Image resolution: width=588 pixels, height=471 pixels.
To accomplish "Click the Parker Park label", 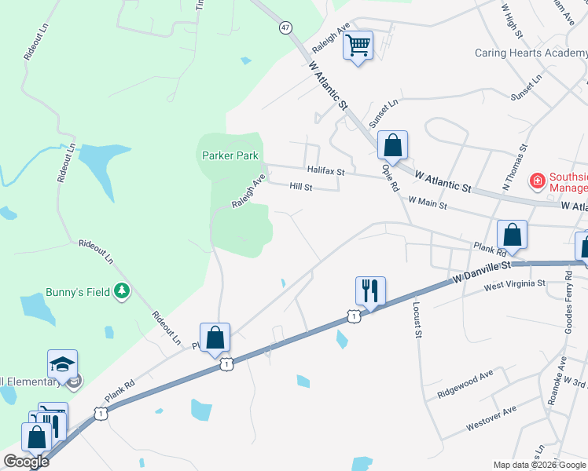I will coord(230,155).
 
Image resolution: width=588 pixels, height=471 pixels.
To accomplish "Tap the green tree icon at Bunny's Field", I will coord(121,292).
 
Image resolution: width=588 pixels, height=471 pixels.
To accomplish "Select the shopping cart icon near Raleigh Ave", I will coord(358,46).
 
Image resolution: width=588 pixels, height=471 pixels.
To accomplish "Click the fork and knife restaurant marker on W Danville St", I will coord(370,290).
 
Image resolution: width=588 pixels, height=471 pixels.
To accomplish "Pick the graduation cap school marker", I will coord(62,364).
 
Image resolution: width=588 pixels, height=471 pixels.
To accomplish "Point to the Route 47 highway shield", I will coord(284,27).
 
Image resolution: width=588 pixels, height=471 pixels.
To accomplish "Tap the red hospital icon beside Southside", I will coord(538,181).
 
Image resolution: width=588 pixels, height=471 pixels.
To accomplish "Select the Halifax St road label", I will coord(327,170).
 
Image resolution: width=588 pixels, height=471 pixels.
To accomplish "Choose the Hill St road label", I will coord(301,187).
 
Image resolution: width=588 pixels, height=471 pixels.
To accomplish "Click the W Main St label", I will coord(428,203).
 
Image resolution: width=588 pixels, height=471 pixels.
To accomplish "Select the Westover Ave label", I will coord(491,418).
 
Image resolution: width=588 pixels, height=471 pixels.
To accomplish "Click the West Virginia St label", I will coord(515,284).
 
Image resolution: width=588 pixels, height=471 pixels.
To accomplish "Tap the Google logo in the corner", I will coord(27,462).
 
